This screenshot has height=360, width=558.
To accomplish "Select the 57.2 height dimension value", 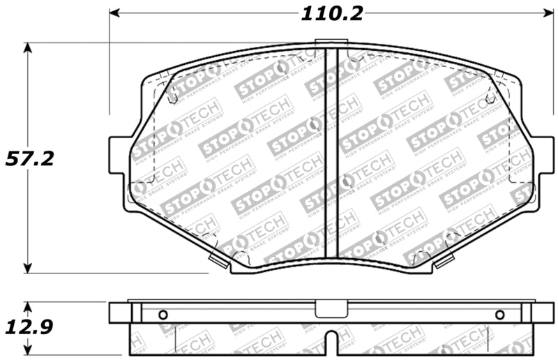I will (29, 158).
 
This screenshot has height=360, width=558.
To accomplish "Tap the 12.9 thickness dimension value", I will (29, 327).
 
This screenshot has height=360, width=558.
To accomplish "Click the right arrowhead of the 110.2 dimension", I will (546, 14).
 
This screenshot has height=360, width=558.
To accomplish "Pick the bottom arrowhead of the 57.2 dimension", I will (28, 268).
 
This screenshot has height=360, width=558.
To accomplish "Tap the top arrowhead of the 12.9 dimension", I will (28, 308).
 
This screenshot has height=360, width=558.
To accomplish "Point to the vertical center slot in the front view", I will (333, 153).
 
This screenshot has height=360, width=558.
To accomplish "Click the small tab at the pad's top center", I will (333, 44).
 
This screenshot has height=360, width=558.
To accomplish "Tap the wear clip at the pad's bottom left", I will (219, 261).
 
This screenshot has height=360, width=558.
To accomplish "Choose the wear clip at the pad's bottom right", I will (444, 261).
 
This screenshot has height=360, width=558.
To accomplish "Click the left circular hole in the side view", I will (163, 315).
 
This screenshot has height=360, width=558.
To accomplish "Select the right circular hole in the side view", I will (499, 315).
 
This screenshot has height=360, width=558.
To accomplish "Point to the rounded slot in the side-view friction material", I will (333, 342).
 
